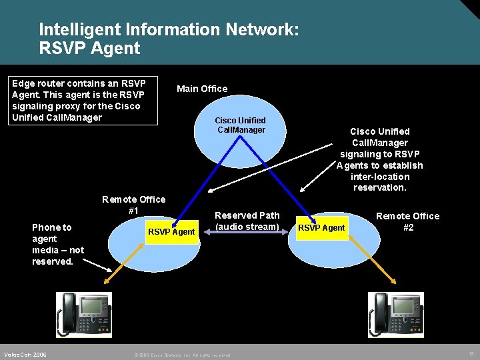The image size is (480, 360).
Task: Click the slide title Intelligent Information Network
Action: pos(169,30)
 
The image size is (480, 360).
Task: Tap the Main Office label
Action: pos(201,89)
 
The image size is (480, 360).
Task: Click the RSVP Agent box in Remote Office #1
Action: pos(171,232)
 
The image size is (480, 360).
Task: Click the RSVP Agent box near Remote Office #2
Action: pos(321,228)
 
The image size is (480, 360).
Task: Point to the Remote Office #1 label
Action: pos(133,205)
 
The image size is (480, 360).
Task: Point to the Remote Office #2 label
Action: pos(407,221)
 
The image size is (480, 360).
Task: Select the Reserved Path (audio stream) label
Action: pos(247,221)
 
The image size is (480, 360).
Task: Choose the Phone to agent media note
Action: pos(58,244)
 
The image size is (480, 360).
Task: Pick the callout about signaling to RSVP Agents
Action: pos(379,159)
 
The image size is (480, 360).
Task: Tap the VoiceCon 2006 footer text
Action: pos(25,355)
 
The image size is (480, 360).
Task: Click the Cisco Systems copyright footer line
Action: pos(181,355)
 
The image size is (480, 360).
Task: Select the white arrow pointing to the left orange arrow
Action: pos(97,264)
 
